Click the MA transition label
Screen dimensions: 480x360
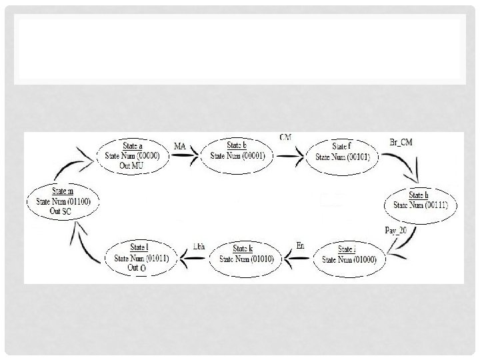(x=180, y=146)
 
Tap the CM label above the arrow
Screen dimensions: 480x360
(x=285, y=137)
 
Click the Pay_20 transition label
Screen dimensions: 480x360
(x=397, y=229)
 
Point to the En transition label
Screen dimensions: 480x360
(x=300, y=246)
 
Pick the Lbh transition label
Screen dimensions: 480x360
(x=198, y=246)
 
